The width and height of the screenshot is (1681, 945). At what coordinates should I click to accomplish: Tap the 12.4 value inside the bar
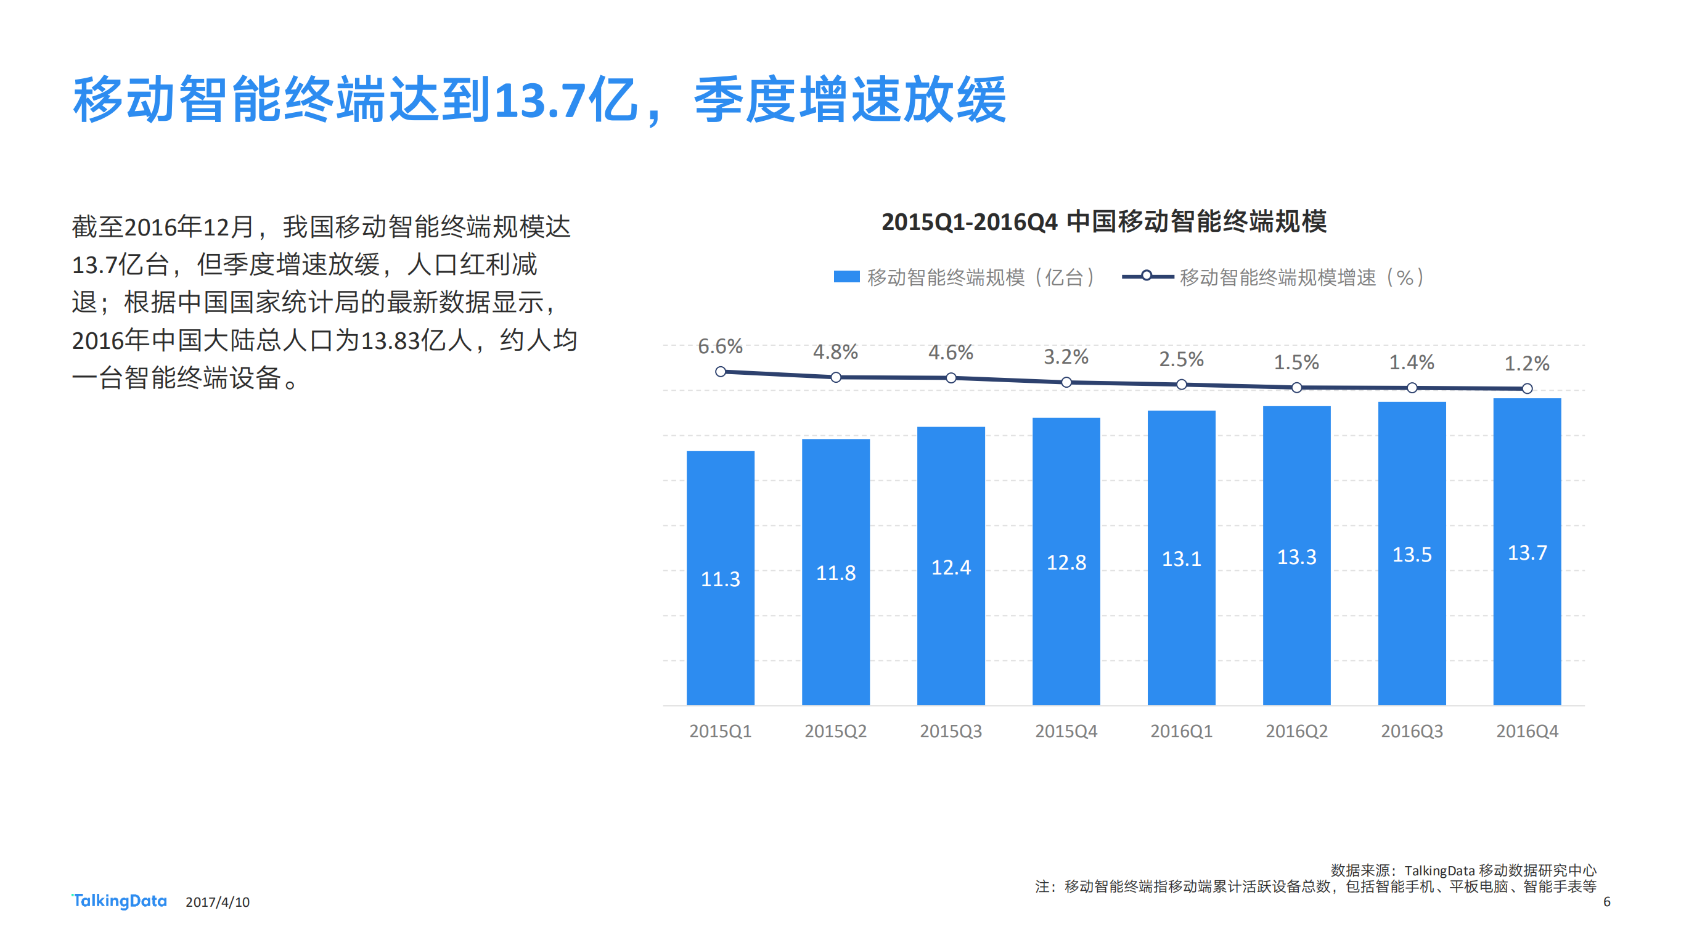(950, 567)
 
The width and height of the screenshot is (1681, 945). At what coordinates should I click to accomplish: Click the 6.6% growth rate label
(720, 346)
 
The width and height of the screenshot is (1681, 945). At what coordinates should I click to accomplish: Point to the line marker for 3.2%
(1066, 382)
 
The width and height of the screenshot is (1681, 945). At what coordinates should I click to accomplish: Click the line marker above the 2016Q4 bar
(1526, 388)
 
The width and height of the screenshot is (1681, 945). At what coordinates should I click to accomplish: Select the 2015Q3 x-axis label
(950, 731)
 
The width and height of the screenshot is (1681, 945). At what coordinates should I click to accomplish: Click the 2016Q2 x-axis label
(1296, 731)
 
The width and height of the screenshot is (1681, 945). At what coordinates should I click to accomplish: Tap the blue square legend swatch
(846, 277)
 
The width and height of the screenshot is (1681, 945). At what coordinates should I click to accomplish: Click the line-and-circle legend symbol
(1146, 276)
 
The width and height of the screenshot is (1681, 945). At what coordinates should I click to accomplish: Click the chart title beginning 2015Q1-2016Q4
(1103, 222)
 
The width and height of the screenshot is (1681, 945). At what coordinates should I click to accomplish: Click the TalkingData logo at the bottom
(119, 901)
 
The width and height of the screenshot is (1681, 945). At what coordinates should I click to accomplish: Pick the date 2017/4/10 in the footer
(218, 902)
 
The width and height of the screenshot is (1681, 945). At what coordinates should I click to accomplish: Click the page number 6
(1606, 902)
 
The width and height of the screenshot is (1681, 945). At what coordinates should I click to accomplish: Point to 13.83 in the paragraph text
(390, 341)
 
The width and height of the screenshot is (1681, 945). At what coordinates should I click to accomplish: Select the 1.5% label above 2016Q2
(1296, 362)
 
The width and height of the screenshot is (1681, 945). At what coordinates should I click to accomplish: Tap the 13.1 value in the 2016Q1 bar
(1180, 558)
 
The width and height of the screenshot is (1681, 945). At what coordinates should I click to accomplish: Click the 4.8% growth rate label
(835, 353)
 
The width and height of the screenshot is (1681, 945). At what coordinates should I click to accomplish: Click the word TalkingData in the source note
(1439, 870)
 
